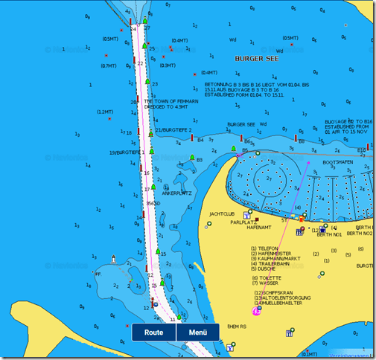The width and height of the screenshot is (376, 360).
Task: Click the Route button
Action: (154, 332)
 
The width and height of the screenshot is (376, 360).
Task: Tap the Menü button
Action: (198, 332)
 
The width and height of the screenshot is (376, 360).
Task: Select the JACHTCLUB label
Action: (222, 213)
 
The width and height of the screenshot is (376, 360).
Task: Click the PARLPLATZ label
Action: (243, 222)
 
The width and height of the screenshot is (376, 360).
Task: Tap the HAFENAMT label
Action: (258, 228)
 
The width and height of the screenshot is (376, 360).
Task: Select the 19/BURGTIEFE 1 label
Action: (124, 152)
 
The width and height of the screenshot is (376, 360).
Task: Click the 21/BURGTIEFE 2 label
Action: (173, 129)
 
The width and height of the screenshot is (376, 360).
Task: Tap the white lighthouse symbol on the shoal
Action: (113, 259)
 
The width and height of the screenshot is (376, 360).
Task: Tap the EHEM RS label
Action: (237, 326)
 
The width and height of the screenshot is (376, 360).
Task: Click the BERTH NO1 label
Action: (329, 234)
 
